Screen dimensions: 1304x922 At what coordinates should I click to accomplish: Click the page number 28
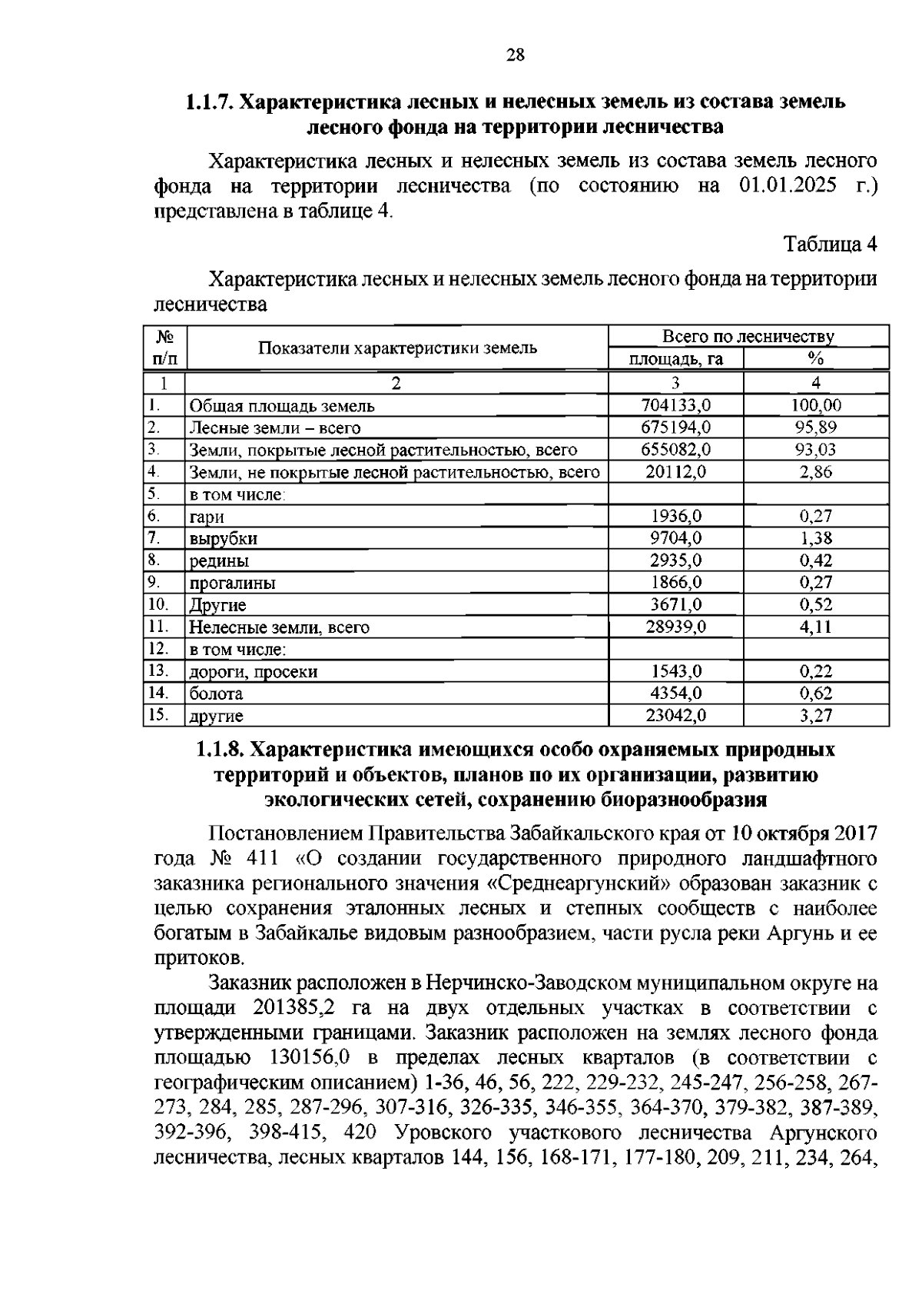(x=515, y=55)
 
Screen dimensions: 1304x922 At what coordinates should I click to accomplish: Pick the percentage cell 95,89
(x=815, y=427)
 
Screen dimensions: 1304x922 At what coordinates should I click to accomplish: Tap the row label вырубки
(x=224, y=538)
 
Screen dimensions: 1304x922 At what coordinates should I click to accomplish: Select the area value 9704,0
(x=675, y=538)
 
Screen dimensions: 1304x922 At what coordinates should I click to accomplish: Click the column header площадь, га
(x=675, y=359)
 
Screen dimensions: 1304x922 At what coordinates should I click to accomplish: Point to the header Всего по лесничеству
(x=748, y=337)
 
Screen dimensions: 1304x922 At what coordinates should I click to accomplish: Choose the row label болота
(x=216, y=694)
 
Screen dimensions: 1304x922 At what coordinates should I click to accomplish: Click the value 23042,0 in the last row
(x=675, y=716)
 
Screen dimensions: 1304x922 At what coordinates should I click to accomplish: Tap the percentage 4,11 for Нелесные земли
(x=815, y=627)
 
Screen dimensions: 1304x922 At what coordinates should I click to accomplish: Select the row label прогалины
(x=232, y=583)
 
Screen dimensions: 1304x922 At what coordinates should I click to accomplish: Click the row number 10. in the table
(x=158, y=604)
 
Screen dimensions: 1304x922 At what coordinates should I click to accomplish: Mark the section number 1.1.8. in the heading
(x=221, y=749)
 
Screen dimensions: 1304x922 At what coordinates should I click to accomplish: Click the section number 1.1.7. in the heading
(x=210, y=101)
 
